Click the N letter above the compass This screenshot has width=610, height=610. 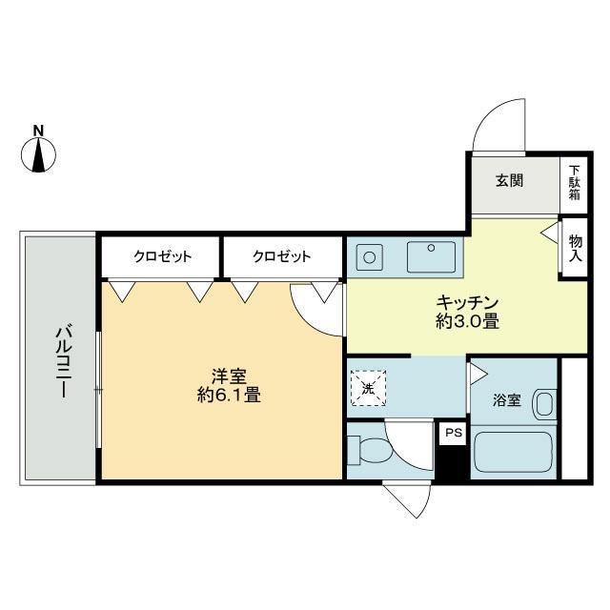pos(38,131)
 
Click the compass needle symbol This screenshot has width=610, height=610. pos(38,154)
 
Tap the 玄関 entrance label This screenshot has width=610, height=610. pos(509,180)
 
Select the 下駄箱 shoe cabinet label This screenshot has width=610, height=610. pos(574,182)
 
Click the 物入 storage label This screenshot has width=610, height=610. pos(575,248)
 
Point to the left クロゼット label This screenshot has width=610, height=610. pos(163,256)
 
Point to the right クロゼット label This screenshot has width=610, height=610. pos(282,256)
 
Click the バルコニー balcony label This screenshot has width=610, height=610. pos(62,362)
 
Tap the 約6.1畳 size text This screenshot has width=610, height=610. pos(229,396)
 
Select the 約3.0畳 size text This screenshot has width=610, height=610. pos(467,322)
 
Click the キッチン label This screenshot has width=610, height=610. pos(467,302)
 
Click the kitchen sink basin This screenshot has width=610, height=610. pos(431,256)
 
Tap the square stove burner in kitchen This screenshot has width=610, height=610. pos(370,257)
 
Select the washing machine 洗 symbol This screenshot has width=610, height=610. pos(368,388)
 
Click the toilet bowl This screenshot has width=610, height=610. pos(371,451)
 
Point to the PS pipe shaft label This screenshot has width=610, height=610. pos(454,432)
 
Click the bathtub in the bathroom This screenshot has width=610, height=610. pos(513,452)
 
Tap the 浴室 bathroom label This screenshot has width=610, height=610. pos(506,400)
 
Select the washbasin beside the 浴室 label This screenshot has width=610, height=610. pos(544,403)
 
